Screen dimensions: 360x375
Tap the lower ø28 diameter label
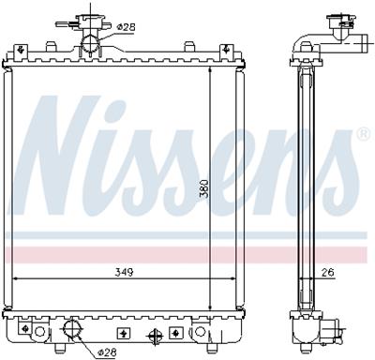point(109,352)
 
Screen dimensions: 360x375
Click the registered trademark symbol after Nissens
point(363,136)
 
